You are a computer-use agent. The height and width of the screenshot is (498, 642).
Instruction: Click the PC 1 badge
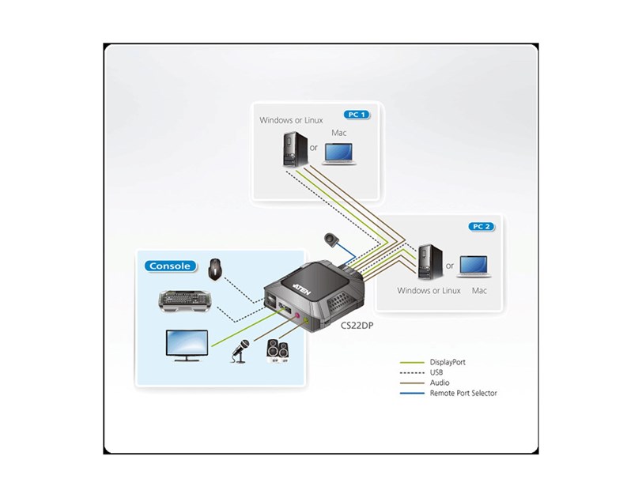coord(357,114)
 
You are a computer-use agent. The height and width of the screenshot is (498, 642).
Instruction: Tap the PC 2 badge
coord(481,226)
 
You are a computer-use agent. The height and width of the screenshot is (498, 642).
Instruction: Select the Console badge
coord(170,266)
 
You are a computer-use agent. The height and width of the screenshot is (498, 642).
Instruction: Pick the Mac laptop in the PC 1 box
coord(342,153)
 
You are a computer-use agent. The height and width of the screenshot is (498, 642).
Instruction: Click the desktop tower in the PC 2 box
coord(428,261)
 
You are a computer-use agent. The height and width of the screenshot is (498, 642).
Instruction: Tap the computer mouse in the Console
coord(214,270)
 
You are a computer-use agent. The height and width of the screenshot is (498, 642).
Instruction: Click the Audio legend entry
coord(440,383)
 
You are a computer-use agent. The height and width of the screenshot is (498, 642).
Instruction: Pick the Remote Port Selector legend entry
coord(463,393)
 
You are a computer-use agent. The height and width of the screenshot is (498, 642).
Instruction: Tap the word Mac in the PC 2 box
coord(479,290)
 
